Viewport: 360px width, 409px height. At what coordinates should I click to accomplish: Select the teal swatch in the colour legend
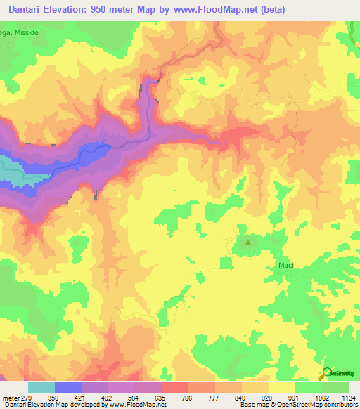[41, 387]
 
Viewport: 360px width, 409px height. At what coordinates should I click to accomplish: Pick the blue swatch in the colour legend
[67, 387]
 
